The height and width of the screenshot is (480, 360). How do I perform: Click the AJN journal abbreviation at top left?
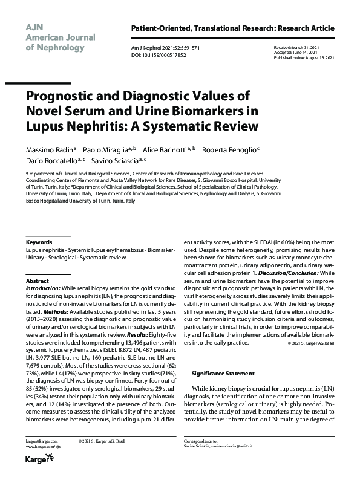click(34, 27)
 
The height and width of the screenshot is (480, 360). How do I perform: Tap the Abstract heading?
click(38, 282)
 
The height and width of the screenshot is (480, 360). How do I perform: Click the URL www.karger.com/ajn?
click(41, 448)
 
